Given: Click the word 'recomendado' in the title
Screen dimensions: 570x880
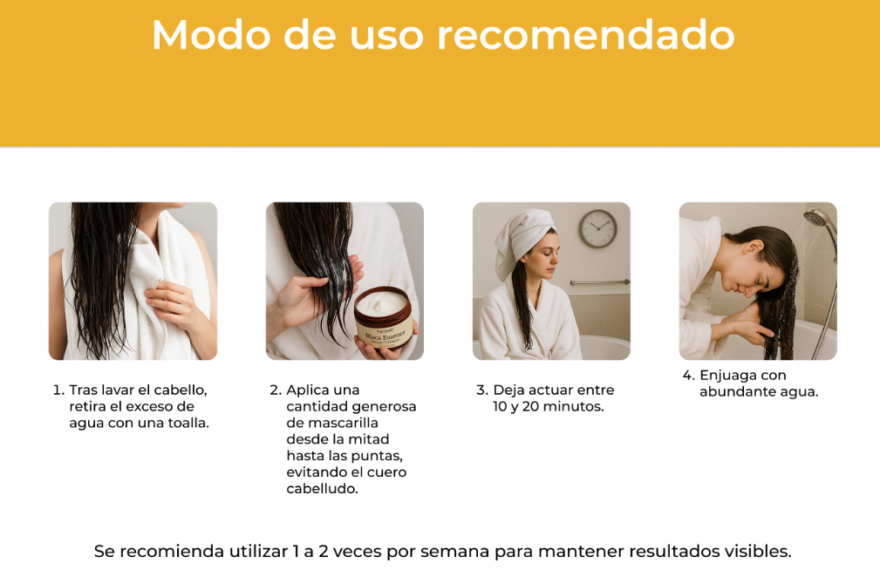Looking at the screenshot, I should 586,36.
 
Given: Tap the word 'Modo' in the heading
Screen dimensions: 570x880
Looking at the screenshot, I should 210,36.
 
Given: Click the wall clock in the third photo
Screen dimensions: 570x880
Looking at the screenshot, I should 597,228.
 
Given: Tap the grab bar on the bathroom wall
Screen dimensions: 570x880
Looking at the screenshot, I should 599,282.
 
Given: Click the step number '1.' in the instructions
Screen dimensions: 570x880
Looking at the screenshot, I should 58,390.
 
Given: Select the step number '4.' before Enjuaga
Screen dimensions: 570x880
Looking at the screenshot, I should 688,376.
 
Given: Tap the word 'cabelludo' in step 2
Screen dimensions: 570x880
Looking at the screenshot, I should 322,489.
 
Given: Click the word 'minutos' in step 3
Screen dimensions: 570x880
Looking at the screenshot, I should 573,407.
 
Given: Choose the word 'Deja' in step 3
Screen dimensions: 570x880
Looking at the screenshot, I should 510,390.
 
